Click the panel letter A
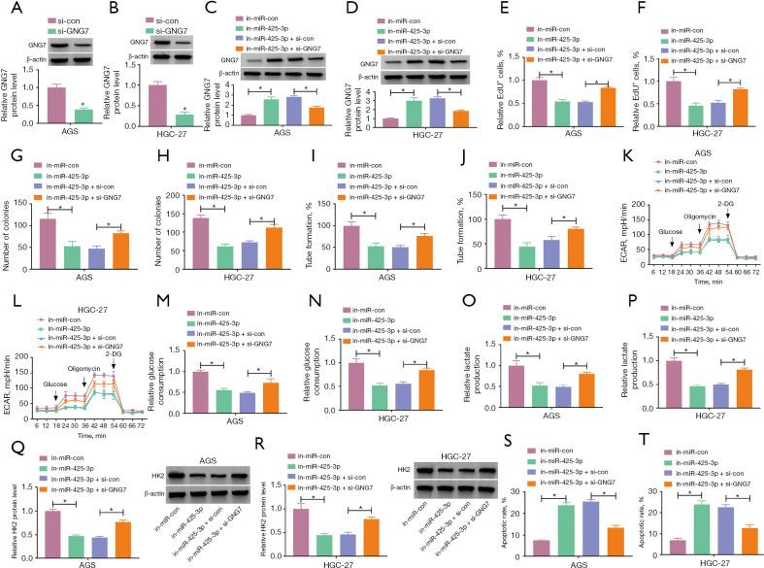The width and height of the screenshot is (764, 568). (9, 10)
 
